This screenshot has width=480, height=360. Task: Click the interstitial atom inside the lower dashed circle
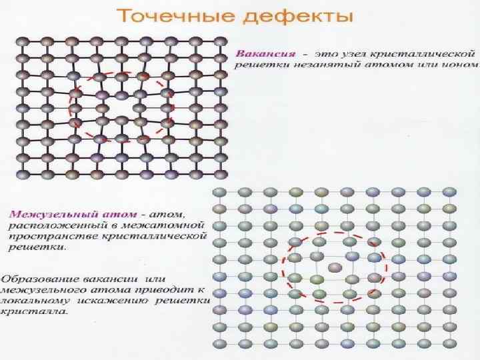[335, 267]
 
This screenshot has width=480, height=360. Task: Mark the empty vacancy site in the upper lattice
[121, 107]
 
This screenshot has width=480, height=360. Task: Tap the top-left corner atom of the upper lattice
[22, 41]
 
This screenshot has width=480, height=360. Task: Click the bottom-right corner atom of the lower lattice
[450, 345]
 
